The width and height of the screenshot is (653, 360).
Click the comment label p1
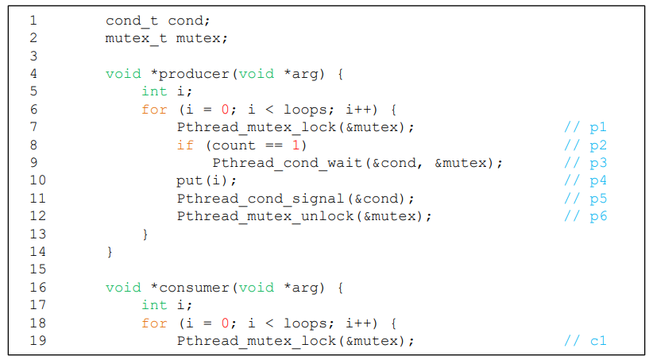[x=597, y=127]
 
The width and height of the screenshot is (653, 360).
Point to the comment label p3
[x=597, y=163]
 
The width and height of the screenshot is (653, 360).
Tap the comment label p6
[x=597, y=216]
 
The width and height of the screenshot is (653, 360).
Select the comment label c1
[x=597, y=341]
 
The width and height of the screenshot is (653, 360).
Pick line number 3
[x=33, y=56]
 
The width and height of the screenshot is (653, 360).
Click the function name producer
[x=194, y=74]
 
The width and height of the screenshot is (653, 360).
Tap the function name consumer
[x=194, y=288]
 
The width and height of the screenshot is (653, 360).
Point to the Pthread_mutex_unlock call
[x=260, y=216]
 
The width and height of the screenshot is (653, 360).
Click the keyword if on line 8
[x=185, y=145]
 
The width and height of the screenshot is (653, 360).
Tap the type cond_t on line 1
[x=132, y=21]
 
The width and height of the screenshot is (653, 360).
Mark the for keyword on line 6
[x=154, y=110]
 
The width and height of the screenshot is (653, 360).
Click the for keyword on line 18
[x=154, y=323]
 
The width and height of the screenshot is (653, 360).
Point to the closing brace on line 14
[x=110, y=252]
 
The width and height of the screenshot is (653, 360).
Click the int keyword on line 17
[x=154, y=305]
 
